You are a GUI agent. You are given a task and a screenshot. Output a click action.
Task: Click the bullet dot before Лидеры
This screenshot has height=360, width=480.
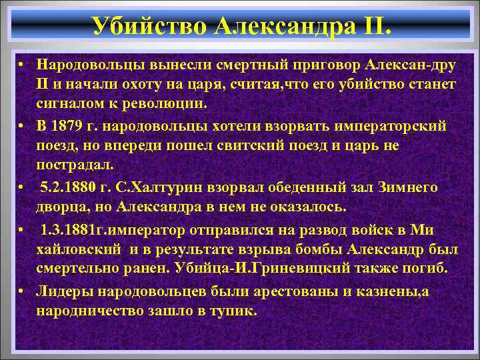click(21, 291)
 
